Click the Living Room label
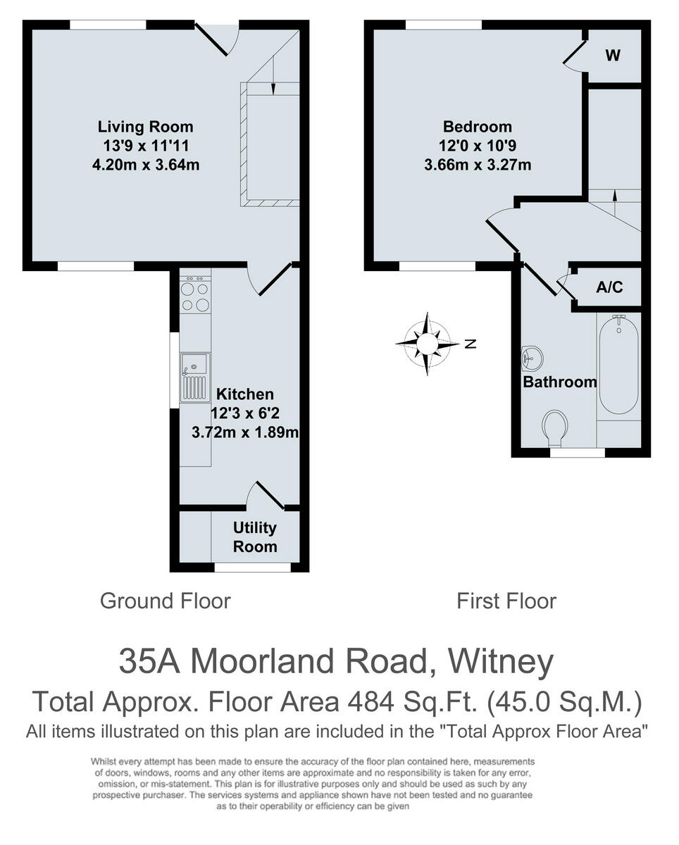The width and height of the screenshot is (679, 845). (145, 127)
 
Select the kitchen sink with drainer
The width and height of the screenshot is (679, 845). (195, 377)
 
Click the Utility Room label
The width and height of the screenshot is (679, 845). (255, 537)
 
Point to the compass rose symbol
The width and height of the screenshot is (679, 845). (427, 344)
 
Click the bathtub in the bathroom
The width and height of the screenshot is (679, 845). (618, 365)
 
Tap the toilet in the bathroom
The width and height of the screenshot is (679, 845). (556, 427)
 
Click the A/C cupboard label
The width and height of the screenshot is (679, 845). (609, 288)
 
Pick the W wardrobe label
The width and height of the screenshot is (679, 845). (613, 56)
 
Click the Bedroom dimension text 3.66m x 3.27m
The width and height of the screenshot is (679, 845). (477, 165)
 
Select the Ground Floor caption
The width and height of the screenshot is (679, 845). (165, 601)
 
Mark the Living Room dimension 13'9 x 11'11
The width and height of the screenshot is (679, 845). (145, 146)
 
